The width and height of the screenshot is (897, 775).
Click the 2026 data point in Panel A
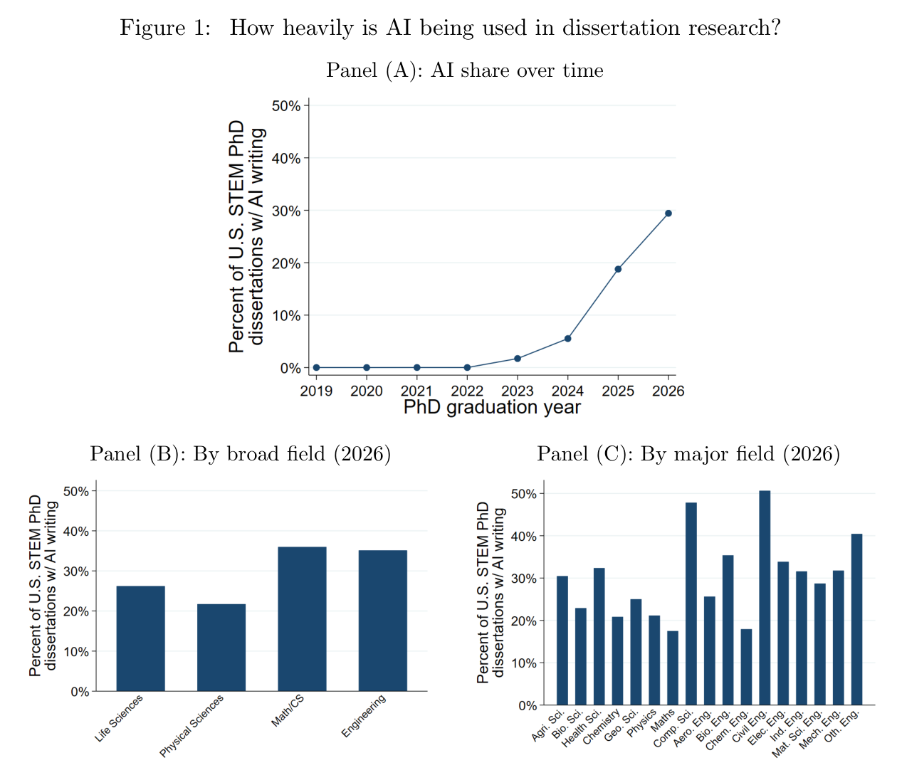point(668,213)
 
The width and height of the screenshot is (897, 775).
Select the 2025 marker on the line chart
point(618,269)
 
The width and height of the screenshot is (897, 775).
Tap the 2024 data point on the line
point(567,339)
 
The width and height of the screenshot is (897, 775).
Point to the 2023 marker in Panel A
point(518,359)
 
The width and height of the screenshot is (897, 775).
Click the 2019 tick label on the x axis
point(316,391)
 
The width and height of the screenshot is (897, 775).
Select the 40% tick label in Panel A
point(286,159)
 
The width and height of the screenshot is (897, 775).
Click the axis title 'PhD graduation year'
point(492,408)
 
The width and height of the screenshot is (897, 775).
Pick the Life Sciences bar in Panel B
point(141,638)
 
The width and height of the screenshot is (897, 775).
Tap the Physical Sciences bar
point(221,648)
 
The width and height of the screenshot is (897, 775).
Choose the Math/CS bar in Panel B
point(302,618)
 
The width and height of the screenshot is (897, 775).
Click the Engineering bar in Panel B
point(383,621)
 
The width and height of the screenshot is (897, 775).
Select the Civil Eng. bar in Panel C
point(765,598)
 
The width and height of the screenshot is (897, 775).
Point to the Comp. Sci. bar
point(691,603)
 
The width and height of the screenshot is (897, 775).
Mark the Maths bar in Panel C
point(673,668)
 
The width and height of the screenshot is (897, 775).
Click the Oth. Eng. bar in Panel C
point(856,619)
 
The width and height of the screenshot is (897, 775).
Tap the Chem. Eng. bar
point(746,667)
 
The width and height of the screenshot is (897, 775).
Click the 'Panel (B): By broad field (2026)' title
point(241,454)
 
